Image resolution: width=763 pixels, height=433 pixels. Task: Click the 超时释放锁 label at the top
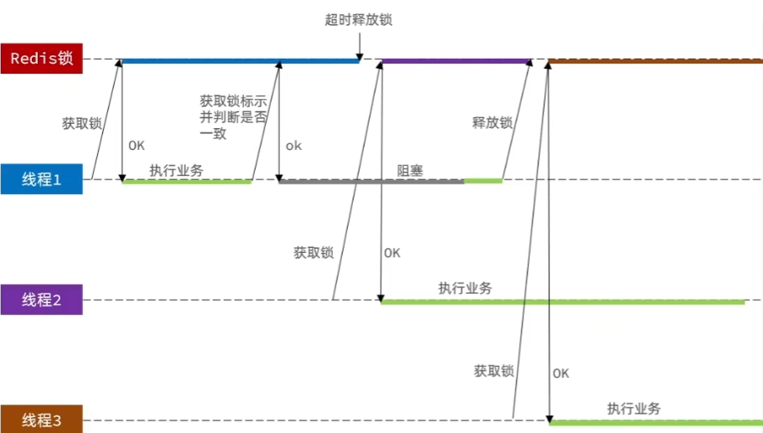tap(359, 19)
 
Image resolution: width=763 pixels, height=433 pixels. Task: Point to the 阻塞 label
tap(410, 170)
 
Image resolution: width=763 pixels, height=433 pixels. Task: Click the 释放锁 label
tap(492, 122)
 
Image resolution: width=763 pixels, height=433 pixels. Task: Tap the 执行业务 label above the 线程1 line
tap(176, 170)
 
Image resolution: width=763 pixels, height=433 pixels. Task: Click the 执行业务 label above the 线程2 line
tap(465, 288)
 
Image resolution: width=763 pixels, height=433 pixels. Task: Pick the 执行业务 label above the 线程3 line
tap(634, 409)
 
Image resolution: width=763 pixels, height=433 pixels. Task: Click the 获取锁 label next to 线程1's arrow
tap(81, 122)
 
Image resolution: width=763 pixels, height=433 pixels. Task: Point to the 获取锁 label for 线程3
tap(493, 370)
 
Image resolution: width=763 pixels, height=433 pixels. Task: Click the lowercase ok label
tap(293, 146)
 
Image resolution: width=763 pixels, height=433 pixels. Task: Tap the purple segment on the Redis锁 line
tap(456, 60)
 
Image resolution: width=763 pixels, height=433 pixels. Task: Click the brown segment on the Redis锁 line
tap(654, 60)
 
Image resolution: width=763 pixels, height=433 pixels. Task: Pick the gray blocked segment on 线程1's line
tap(371, 181)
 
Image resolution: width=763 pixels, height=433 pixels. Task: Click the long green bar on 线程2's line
tap(562, 302)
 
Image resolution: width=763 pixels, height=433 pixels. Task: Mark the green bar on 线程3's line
tap(654, 421)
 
